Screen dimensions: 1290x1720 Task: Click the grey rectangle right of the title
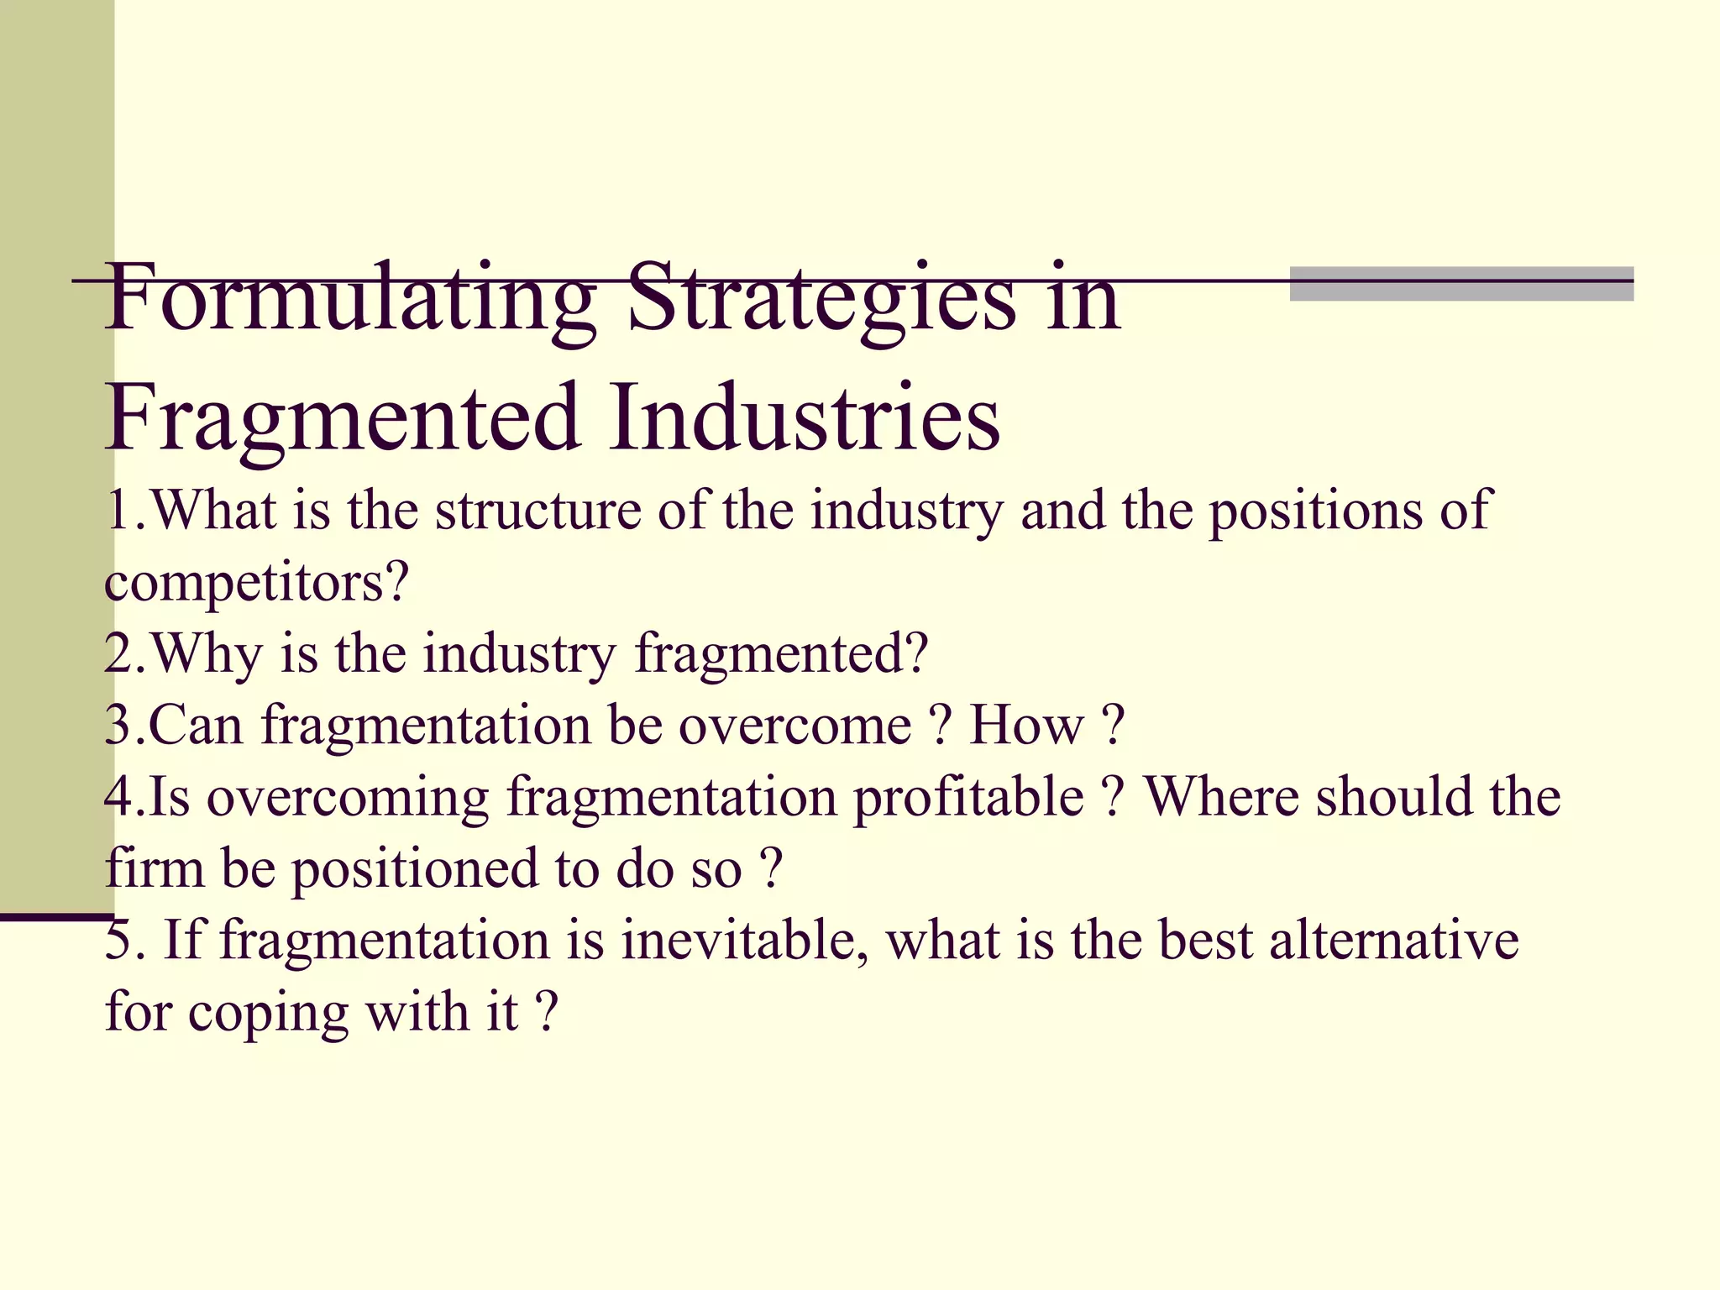(x=1461, y=284)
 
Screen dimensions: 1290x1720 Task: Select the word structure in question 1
(x=537, y=511)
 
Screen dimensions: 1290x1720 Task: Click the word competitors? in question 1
(x=256, y=581)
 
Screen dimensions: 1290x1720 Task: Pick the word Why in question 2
(x=207, y=653)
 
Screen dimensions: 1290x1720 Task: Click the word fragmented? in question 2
(x=781, y=653)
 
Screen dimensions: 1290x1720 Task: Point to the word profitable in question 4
(x=969, y=798)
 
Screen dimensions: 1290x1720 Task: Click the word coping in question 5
(x=268, y=1014)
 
